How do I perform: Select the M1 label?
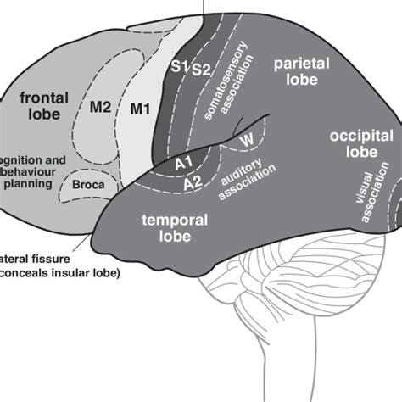(x=139, y=108)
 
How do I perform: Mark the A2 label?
(x=193, y=180)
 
